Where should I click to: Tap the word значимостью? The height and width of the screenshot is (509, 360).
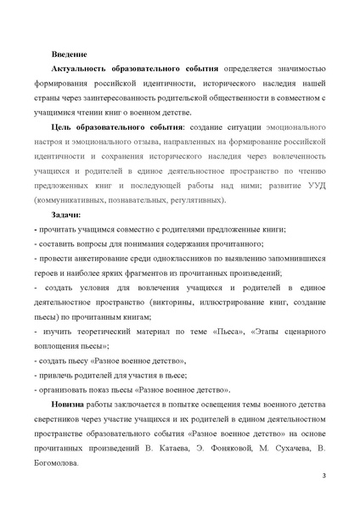[289, 68]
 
